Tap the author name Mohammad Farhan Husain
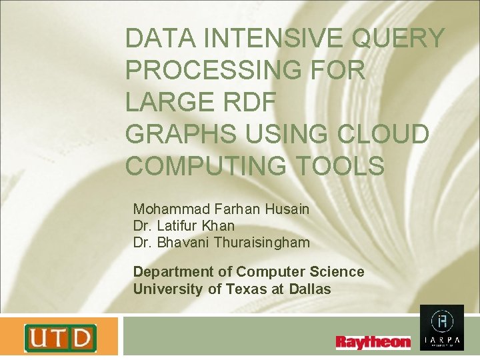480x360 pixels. pos(221,209)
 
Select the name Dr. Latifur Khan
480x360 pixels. pos(184,226)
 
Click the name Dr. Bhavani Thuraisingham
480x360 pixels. pos(221,243)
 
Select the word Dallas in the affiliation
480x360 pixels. pos(311,289)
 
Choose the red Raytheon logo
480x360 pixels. pos(373,342)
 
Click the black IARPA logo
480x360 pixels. pos(441,328)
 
